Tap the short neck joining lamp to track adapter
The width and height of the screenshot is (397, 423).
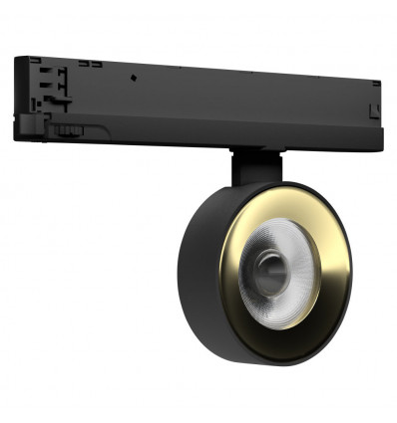click(x=253, y=166)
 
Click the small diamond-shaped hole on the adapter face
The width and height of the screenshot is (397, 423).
click(x=135, y=76)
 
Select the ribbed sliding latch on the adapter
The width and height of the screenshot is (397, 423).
click(x=67, y=127)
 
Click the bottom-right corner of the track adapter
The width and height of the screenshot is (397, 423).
click(x=380, y=127)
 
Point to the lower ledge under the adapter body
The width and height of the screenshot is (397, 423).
click(x=199, y=142)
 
